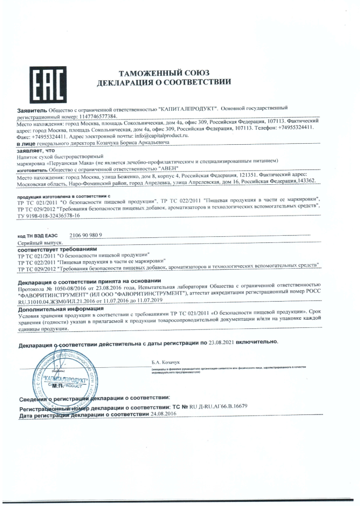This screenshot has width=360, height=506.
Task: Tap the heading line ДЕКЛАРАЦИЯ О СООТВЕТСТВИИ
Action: [x=163, y=82]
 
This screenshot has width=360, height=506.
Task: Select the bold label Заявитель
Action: [x=32, y=109]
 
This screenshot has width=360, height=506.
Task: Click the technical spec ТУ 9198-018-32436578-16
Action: [x=49, y=216]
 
